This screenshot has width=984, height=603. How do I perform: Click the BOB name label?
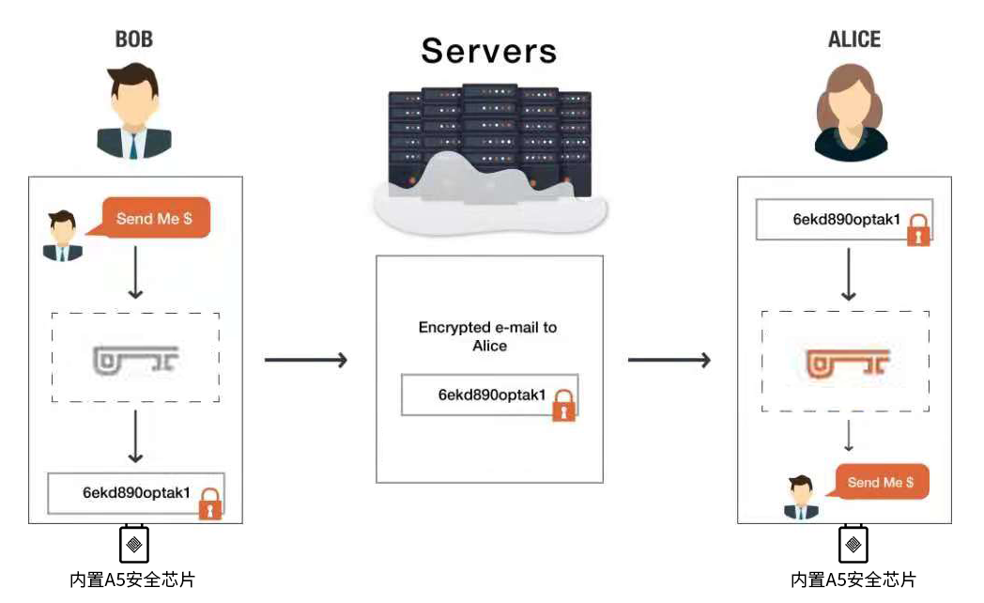pyautogui.click(x=133, y=39)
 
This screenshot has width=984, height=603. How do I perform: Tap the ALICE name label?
pyautogui.click(x=853, y=39)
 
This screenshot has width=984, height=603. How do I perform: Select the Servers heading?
pyautogui.click(x=488, y=51)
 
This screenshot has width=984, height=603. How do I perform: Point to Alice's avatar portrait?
pyautogui.click(x=851, y=114)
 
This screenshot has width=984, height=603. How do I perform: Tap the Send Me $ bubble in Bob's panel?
pyautogui.click(x=154, y=219)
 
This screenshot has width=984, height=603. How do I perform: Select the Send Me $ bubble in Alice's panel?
pyautogui.click(x=881, y=482)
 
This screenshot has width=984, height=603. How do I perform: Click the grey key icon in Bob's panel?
pyautogui.click(x=136, y=358)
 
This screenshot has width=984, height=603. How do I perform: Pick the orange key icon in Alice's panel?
pyautogui.click(x=848, y=360)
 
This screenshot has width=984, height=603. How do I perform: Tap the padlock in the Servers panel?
pyautogui.click(x=563, y=405)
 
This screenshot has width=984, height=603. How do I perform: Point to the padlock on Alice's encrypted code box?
pyautogui.click(x=918, y=229)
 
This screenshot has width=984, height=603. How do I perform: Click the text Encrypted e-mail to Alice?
pyautogui.click(x=488, y=336)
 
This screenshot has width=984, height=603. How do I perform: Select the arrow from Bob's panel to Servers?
pyautogui.click(x=306, y=360)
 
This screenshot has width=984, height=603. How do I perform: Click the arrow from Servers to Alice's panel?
pyautogui.click(x=669, y=360)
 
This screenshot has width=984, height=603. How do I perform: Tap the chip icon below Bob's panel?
pyautogui.click(x=134, y=544)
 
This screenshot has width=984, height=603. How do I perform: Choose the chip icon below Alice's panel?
pyautogui.click(x=853, y=544)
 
